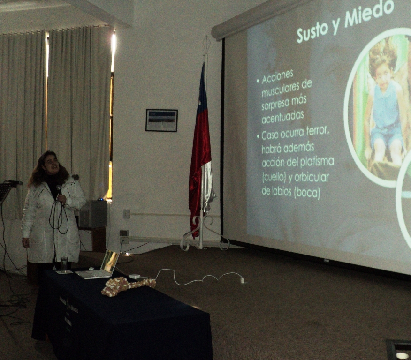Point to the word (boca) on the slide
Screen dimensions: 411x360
307,193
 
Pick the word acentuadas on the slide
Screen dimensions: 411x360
279,117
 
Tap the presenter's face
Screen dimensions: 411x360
51,165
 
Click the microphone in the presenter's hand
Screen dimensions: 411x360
60,190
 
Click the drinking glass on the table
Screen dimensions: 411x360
64,263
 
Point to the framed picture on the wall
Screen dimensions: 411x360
161,120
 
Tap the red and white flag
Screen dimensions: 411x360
201,149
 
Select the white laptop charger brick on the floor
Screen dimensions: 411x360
135,276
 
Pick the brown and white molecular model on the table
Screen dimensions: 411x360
128,286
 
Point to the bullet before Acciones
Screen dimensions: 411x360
258,82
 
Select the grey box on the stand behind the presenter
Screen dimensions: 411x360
93,214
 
